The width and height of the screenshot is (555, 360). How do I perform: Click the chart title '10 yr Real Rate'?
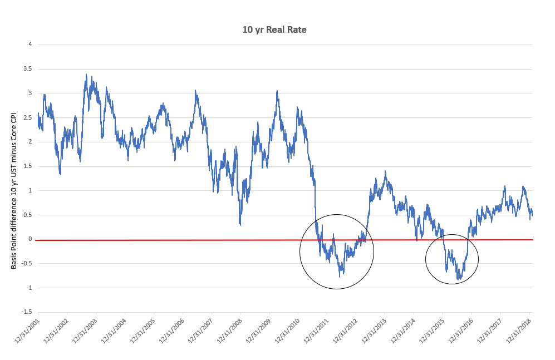click(x=274, y=29)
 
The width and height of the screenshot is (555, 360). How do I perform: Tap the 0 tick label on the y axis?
click(x=30, y=239)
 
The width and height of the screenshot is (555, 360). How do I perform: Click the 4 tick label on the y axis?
click(x=30, y=45)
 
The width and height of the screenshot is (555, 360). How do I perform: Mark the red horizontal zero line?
click(x=167, y=240)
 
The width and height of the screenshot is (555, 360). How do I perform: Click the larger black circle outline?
click(x=300, y=251)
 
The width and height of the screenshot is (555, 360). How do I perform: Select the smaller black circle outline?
click(x=426, y=259)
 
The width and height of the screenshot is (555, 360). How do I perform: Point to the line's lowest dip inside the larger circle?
click(x=339, y=276)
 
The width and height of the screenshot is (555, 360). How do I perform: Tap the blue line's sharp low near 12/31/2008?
click(x=240, y=224)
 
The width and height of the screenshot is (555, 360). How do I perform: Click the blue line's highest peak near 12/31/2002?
click(x=86, y=74)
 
